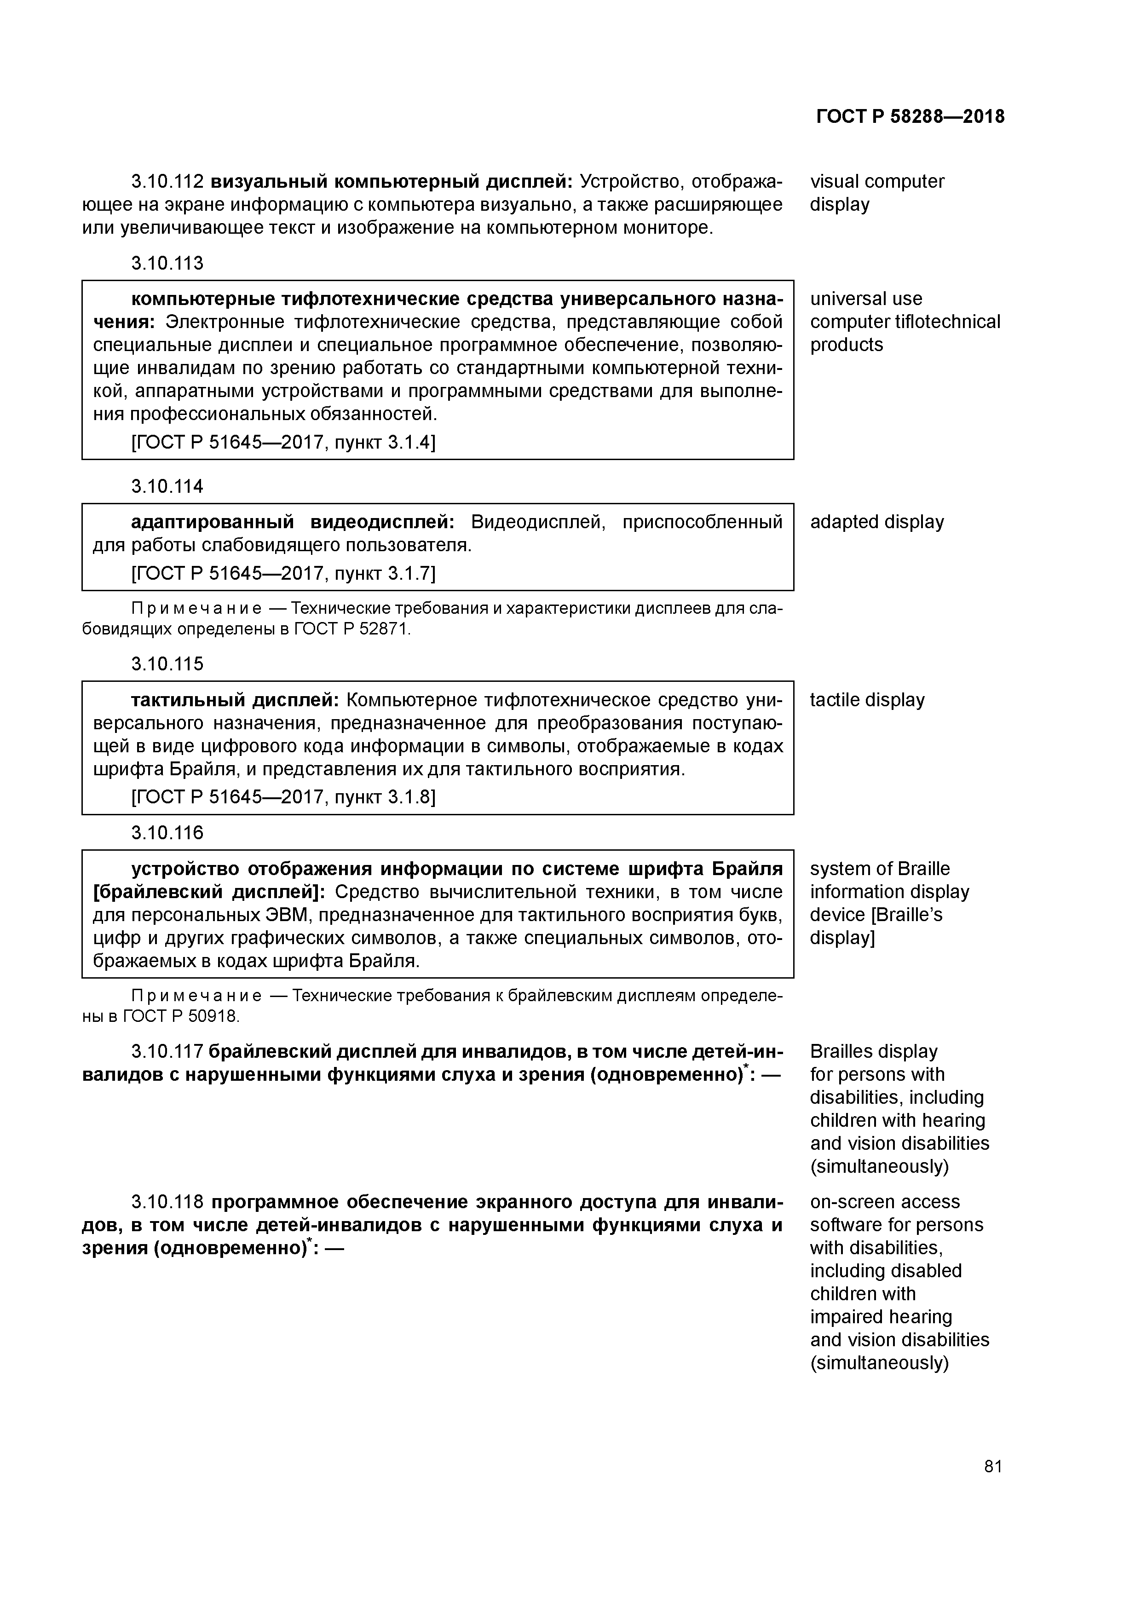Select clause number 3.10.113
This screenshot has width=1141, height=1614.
tap(167, 264)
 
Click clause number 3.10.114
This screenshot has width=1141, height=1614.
tap(167, 486)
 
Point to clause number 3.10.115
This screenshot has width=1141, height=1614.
tap(167, 664)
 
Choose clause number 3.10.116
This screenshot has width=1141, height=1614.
tap(167, 833)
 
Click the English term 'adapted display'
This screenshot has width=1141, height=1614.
tap(876, 522)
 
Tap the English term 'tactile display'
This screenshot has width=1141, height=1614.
tap(867, 700)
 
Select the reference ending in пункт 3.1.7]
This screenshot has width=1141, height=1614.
tap(283, 574)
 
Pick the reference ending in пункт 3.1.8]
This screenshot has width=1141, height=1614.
tap(283, 797)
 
